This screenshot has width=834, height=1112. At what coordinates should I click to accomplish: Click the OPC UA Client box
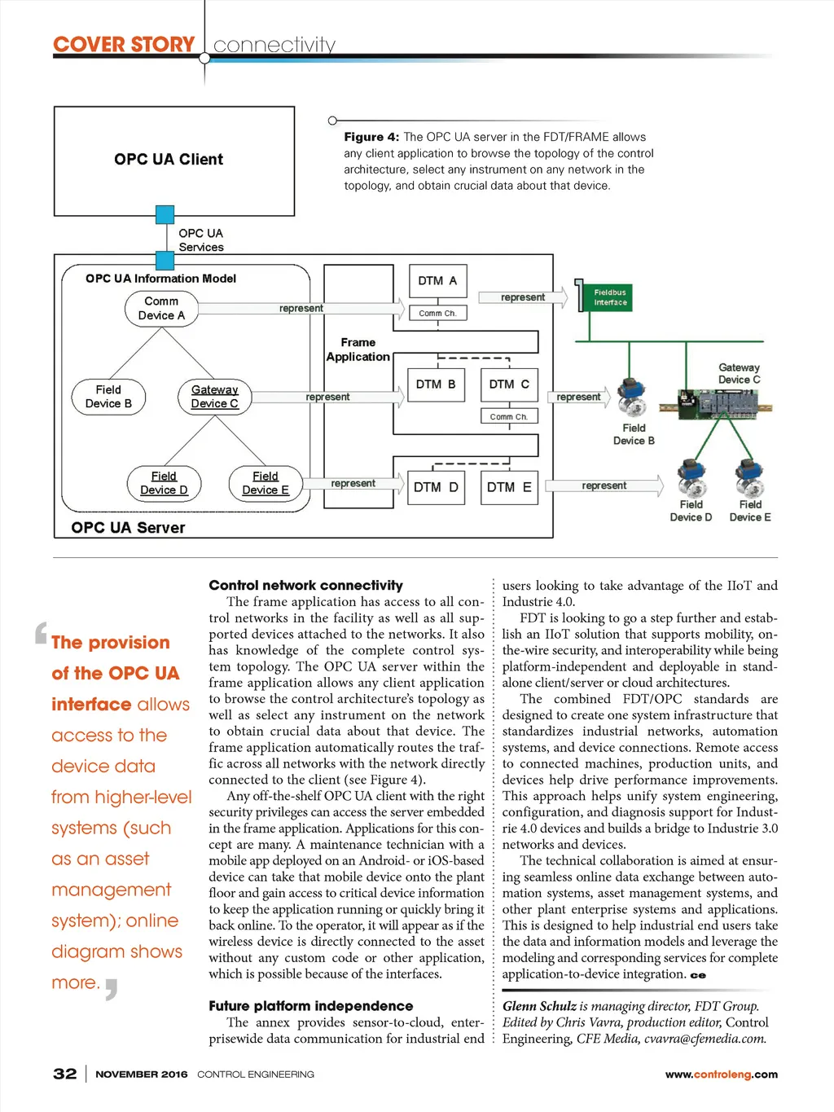[173, 160]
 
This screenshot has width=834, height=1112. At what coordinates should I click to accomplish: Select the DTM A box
[437, 281]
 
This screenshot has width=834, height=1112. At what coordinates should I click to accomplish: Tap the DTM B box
[436, 384]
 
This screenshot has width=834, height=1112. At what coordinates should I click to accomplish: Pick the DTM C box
[509, 384]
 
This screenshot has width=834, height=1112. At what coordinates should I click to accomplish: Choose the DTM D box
[436, 487]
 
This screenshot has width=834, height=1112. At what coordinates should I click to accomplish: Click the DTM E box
[509, 487]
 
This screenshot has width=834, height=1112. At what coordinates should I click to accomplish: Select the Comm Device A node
[161, 309]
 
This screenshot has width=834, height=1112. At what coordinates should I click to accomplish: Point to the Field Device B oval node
[108, 397]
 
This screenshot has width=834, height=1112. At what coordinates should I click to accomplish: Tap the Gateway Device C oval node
[215, 397]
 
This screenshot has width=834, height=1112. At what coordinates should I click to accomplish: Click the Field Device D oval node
[165, 483]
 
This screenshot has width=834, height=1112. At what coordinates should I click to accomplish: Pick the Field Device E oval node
[266, 483]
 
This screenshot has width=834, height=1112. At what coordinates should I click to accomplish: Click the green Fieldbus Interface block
[609, 297]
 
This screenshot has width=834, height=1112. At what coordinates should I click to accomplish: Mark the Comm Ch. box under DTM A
[437, 313]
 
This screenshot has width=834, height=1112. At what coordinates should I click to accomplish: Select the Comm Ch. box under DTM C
[509, 416]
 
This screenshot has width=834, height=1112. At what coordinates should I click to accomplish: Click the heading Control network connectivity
[305, 585]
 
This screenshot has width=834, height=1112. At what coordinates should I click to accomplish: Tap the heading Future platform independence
[310, 1006]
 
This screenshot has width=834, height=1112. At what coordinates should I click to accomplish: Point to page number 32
[65, 1074]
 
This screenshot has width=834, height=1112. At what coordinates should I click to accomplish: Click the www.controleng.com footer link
[721, 1075]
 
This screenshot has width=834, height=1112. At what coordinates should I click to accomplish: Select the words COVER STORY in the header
[124, 45]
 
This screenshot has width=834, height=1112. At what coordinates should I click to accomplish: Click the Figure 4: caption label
[371, 137]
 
